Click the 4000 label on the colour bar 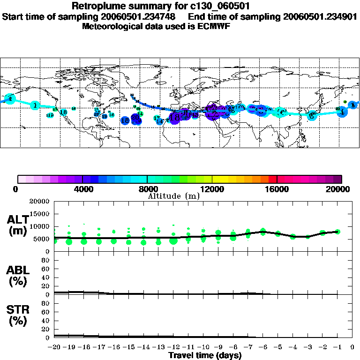82,189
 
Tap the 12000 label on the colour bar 212,189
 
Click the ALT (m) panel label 18,225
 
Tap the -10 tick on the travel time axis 203,347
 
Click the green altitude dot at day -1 337,232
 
